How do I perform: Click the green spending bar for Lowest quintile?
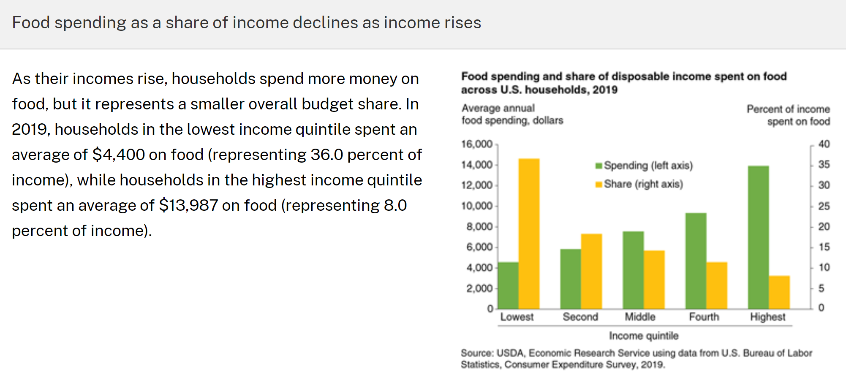tap(508, 286)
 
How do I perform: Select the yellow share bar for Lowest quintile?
tap(529, 234)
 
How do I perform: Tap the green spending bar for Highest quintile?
tap(758, 237)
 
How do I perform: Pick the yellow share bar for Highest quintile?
tap(779, 292)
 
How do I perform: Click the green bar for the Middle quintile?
tap(633, 270)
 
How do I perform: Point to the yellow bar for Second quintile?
tap(591, 271)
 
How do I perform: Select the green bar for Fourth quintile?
tap(696, 261)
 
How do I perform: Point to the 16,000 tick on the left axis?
tap(477, 144)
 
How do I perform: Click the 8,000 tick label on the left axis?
tap(479, 227)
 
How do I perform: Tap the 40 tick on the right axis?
tap(824, 144)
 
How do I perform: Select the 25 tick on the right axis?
tap(824, 206)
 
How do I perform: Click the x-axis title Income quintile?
tap(644, 336)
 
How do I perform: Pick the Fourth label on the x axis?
tap(704, 317)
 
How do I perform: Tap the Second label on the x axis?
tap(580, 317)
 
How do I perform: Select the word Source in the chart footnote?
tap(476, 353)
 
